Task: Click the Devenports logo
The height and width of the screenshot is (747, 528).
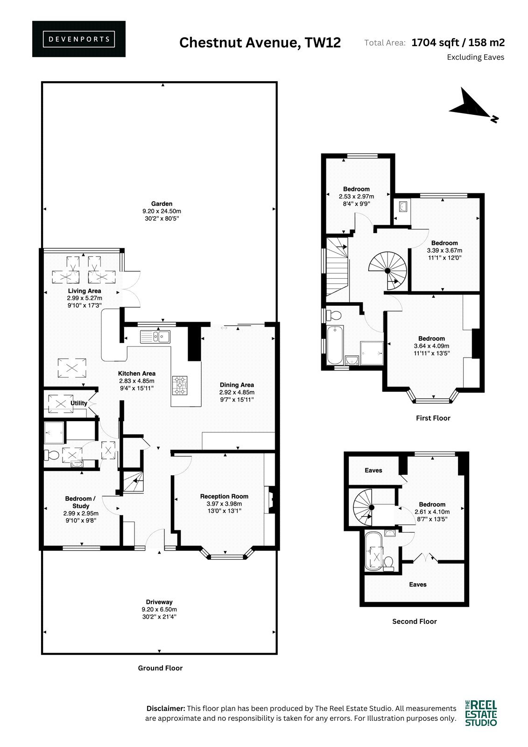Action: pyautogui.click(x=79, y=39)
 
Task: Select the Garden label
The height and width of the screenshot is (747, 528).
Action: pyautogui.click(x=162, y=204)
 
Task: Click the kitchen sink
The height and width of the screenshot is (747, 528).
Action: pyautogui.click(x=155, y=337)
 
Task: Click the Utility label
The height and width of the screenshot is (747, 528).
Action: pyautogui.click(x=79, y=403)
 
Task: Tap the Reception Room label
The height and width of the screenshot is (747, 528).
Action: pyautogui.click(x=224, y=496)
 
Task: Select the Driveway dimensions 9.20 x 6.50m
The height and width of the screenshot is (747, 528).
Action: pyautogui.click(x=159, y=609)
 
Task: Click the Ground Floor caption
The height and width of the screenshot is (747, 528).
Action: pyautogui.click(x=160, y=668)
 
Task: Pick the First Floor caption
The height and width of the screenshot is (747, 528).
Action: pyautogui.click(x=433, y=418)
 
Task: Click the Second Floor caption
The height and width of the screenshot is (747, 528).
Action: pyautogui.click(x=414, y=621)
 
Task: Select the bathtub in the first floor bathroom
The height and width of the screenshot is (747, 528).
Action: pyautogui.click(x=335, y=345)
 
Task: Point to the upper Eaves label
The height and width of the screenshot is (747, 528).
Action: pyautogui.click(x=373, y=470)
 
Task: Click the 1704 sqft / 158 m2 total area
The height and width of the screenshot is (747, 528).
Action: pyautogui.click(x=458, y=42)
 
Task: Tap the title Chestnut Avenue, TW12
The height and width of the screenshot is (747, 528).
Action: pyautogui.click(x=260, y=42)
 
